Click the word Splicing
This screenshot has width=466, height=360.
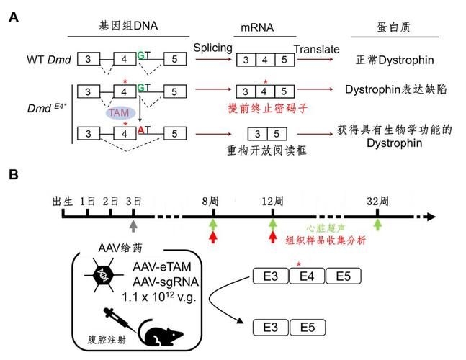(212, 48)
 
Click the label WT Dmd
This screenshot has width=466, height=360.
(48, 58)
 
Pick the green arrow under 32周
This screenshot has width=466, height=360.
(377, 226)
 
